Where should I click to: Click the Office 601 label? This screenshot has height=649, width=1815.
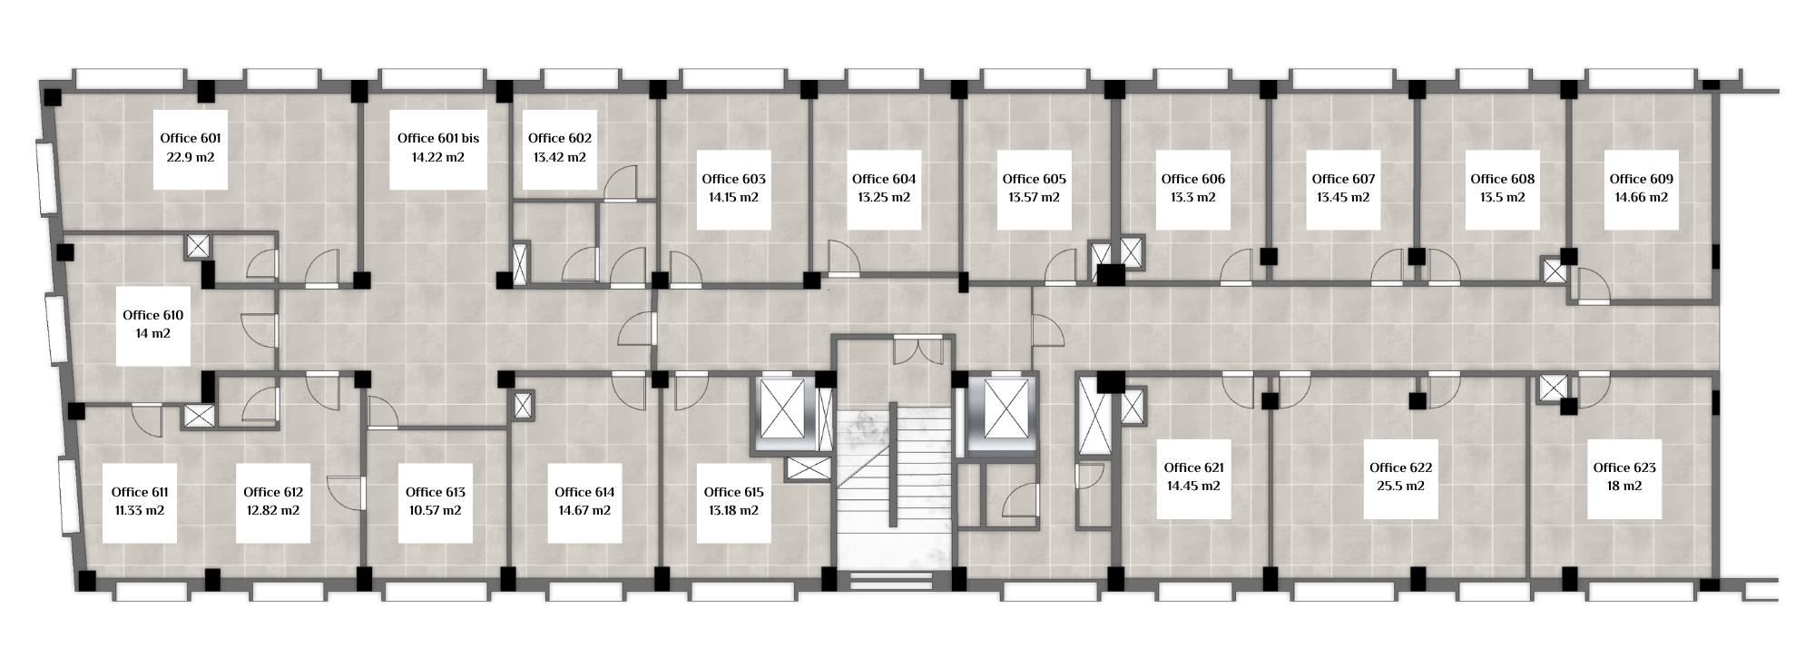pyautogui.click(x=191, y=138)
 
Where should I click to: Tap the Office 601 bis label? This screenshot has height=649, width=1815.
pyautogui.click(x=438, y=138)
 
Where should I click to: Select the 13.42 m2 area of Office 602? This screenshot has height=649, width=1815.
pyautogui.click(x=560, y=157)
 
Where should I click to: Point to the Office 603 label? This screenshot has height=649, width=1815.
pyautogui.click(x=734, y=179)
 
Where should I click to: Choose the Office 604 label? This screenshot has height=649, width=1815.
pyautogui.click(x=884, y=179)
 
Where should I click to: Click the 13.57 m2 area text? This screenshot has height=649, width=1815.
pyautogui.click(x=1034, y=197)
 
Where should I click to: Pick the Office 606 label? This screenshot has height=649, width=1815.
pyautogui.click(x=1193, y=179)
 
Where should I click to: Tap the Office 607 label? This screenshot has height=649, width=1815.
pyautogui.click(x=1343, y=179)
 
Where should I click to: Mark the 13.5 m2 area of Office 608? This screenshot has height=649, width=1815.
pyautogui.click(x=1503, y=197)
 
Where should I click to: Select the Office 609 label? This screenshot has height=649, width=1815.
pyautogui.click(x=1642, y=179)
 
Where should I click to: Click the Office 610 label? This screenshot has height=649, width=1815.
pyautogui.click(x=153, y=315)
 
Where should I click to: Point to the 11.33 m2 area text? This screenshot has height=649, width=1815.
pyautogui.click(x=140, y=510)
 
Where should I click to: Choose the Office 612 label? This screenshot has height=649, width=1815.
pyautogui.click(x=273, y=492)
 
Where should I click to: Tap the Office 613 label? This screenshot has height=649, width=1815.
pyautogui.click(x=436, y=492)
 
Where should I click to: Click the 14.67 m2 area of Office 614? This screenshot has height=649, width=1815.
pyautogui.click(x=584, y=510)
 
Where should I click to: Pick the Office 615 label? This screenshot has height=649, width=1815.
pyautogui.click(x=734, y=492)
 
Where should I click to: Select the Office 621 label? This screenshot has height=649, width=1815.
pyautogui.click(x=1194, y=467)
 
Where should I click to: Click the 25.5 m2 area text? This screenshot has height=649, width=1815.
pyautogui.click(x=1401, y=486)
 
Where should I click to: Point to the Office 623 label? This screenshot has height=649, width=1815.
pyautogui.click(x=1625, y=467)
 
